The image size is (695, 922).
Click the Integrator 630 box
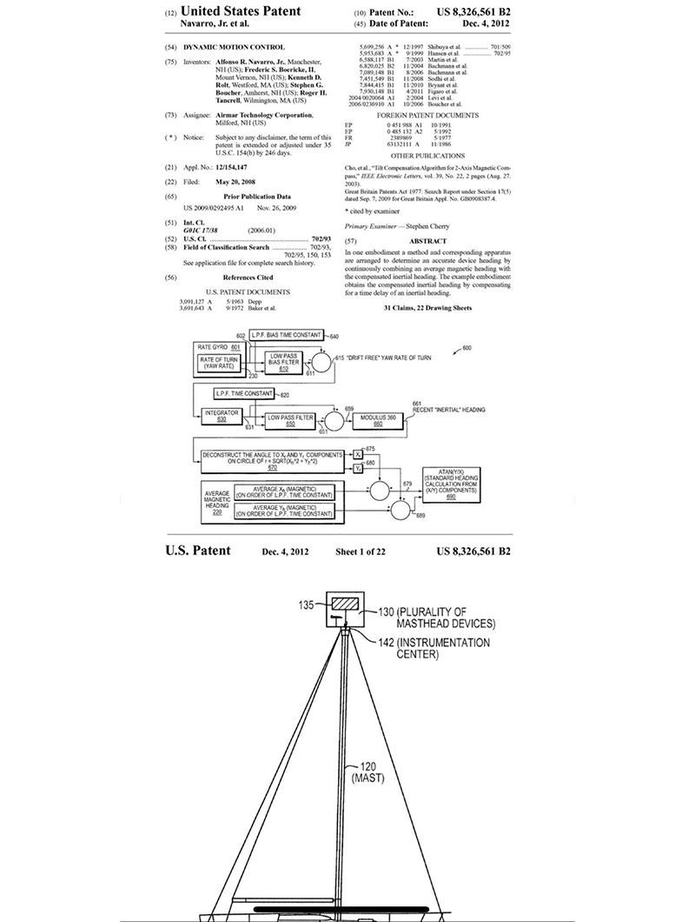click(x=220, y=415)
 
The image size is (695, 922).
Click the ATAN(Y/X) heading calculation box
click(x=454, y=482)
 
